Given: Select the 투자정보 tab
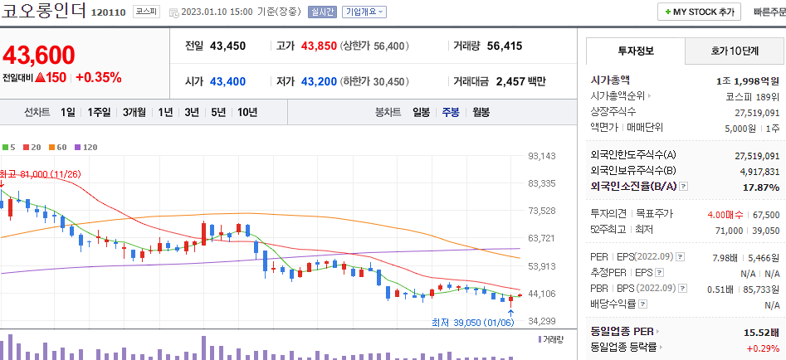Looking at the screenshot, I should tap(636, 51).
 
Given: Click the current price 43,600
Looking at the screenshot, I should tap(39, 56).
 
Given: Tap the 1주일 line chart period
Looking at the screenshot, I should tap(99, 112).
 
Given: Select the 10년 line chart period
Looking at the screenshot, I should tap(247, 112).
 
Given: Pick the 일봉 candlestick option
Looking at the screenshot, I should tap(422, 112).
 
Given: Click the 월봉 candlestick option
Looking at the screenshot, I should tap(481, 112).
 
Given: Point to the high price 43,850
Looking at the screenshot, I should tap(319, 46).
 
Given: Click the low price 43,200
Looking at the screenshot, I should tap(319, 81).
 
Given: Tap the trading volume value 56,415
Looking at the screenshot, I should tap(505, 46).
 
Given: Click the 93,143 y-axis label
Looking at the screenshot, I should tap(541, 156).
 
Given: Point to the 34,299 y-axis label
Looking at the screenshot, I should tap(541, 321).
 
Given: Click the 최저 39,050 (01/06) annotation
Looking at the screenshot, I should tap(472, 322).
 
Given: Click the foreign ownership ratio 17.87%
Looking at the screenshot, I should tap(761, 187).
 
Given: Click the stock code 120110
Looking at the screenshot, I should tap(108, 13).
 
